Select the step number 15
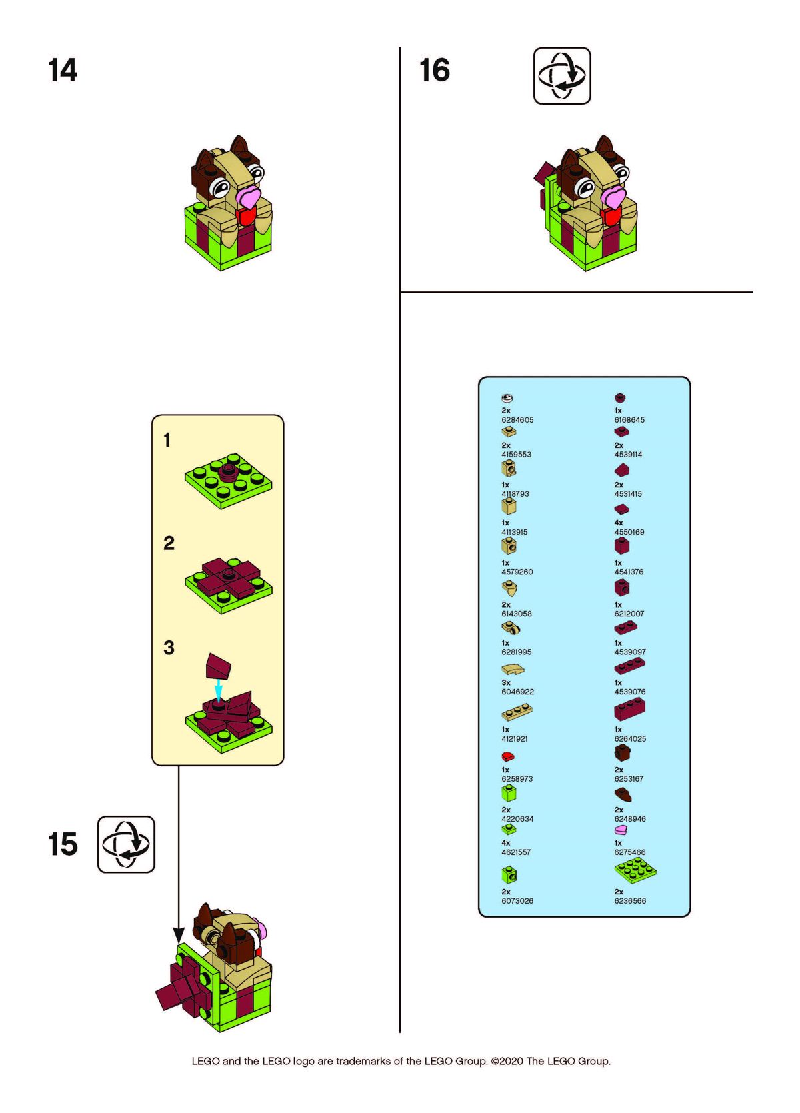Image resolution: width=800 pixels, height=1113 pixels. pos(63,844)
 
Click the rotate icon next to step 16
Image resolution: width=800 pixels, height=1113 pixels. pos(561,76)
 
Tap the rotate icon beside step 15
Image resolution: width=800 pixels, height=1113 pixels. pos(126,844)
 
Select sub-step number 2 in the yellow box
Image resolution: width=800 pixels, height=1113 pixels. pos(169,543)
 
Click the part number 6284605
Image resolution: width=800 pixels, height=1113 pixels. pos(517,420)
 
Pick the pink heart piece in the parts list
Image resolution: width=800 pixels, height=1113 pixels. pos(621,830)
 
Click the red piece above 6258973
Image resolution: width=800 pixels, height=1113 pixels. pos(508,756)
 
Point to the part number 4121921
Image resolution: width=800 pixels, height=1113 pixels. pos(515,738)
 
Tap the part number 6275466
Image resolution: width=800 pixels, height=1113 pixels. pos(630,852)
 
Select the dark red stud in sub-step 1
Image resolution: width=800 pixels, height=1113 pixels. pos(228,471)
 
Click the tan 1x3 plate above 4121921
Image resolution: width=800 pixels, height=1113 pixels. pos(517,712)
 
